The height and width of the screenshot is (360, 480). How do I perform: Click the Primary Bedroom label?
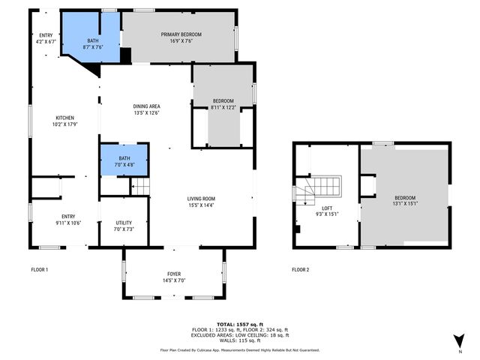pos(181,34)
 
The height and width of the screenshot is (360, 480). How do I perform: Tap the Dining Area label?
pos(147,106)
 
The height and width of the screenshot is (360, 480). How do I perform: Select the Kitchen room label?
pos(65,118)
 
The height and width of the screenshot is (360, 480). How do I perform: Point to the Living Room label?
pos(201,199)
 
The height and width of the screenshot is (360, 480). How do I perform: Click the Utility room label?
pos(124,223)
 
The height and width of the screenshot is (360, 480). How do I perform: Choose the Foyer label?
pos(174,274)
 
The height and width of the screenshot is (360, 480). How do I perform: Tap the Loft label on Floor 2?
pos(327,208)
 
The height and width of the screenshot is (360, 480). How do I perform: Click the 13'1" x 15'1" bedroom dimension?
pos(405,203)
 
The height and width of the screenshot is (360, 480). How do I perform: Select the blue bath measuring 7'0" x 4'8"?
pos(124,160)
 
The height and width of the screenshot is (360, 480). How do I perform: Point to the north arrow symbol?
pos(460,341)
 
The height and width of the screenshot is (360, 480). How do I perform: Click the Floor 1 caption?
pos(40,270)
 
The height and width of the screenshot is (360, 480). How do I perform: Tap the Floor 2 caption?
pos(300,270)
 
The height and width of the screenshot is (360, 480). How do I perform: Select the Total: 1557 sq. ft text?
pos(240,325)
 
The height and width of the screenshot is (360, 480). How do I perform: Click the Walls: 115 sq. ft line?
pos(240,340)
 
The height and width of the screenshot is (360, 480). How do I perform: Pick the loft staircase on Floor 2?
pos(317,190)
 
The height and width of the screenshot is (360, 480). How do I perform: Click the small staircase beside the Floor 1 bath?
pos(140,187)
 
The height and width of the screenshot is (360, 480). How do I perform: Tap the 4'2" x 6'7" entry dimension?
pos(46,42)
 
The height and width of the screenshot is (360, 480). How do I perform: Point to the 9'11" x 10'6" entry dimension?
pos(68,223)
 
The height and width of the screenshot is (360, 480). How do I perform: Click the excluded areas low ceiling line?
pos(240,335)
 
